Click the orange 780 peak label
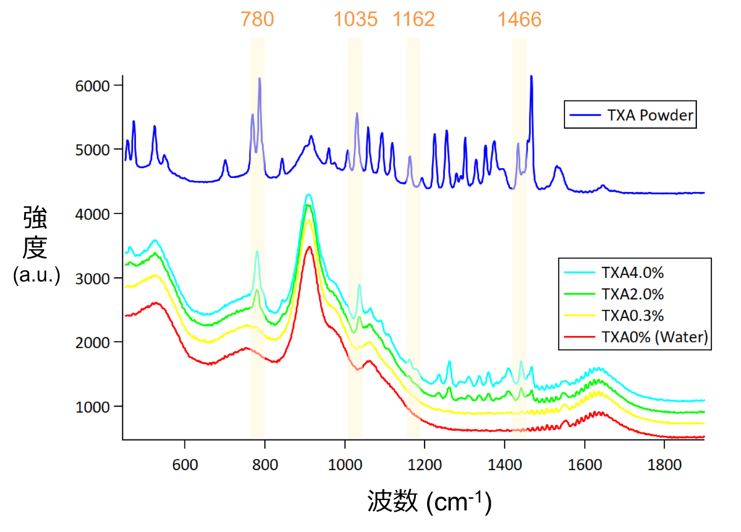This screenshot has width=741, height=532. pos(258,19)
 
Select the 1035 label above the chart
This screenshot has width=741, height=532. pos(355,19)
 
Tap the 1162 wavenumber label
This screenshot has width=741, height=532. pos(414,19)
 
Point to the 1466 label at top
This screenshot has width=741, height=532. pos(520,19)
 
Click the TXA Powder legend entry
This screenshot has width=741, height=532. pos(630,115)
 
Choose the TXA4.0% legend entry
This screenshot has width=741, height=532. pos(632,273)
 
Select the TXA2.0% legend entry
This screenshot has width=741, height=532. pos(632,295)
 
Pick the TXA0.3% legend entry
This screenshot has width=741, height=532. pos(632,316)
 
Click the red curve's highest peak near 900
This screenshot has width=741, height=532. pos(310,248)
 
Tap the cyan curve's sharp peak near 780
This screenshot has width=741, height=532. pos(257,252)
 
